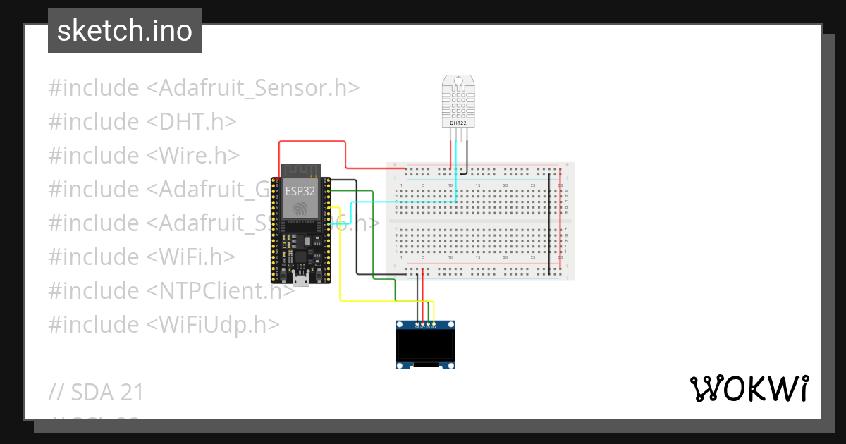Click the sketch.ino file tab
point(124,31)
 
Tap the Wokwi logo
point(749,388)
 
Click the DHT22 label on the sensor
point(458,123)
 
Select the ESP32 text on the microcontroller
point(300,190)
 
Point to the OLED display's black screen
point(424,345)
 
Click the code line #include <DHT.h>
point(142,122)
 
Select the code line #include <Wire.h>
point(144,156)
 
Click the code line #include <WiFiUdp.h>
point(164,325)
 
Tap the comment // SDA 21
point(96,393)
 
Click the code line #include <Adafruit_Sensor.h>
point(204,88)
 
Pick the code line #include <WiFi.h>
point(141,257)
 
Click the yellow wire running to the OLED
point(341,268)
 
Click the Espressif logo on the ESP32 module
point(301,209)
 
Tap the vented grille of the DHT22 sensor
point(458,99)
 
